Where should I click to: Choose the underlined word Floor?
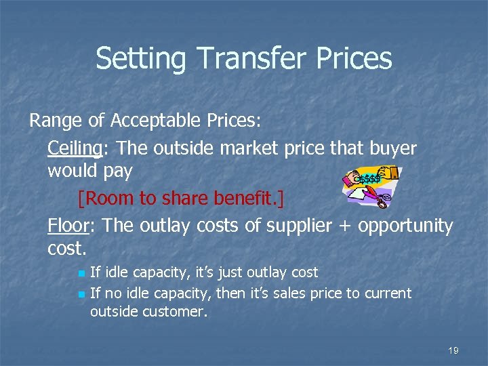(x=66, y=226)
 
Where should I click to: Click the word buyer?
(x=389, y=148)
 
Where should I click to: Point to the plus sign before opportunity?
(x=345, y=226)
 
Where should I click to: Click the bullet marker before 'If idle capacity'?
(x=81, y=273)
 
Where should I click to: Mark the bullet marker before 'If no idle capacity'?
(x=81, y=294)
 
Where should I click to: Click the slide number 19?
(x=453, y=350)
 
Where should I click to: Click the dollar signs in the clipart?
(x=370, y=179)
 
